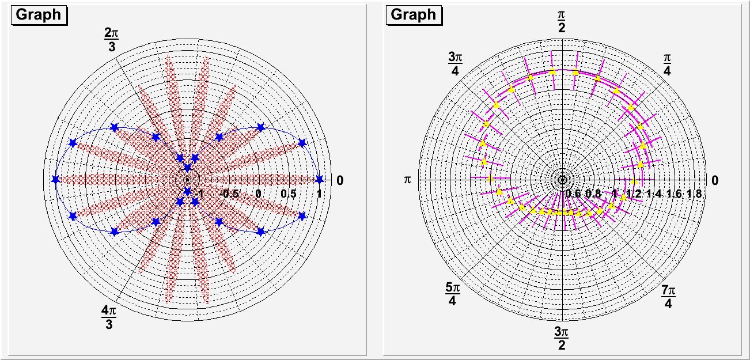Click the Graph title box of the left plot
click(39, 15)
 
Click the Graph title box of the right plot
click(414, 15)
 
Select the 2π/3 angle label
click(112, 40)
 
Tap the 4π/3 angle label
click(109, 317)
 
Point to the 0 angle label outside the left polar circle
click(340, 181)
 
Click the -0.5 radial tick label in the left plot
click(230, 194)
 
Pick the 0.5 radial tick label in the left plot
click(288, 194)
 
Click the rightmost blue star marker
click(320, 180)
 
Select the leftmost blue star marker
click(55, 180)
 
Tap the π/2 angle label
click(562, 21)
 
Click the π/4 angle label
click(667, 64)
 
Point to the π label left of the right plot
click(408, 180)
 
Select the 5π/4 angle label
click(452, 294)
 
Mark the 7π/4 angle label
click(668, 294)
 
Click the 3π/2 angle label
click(562, 339)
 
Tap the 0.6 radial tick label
click(574, 194)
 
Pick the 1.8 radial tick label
click(695, 194)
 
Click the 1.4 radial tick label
click(654, 194)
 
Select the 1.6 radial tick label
click(675, 194)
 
